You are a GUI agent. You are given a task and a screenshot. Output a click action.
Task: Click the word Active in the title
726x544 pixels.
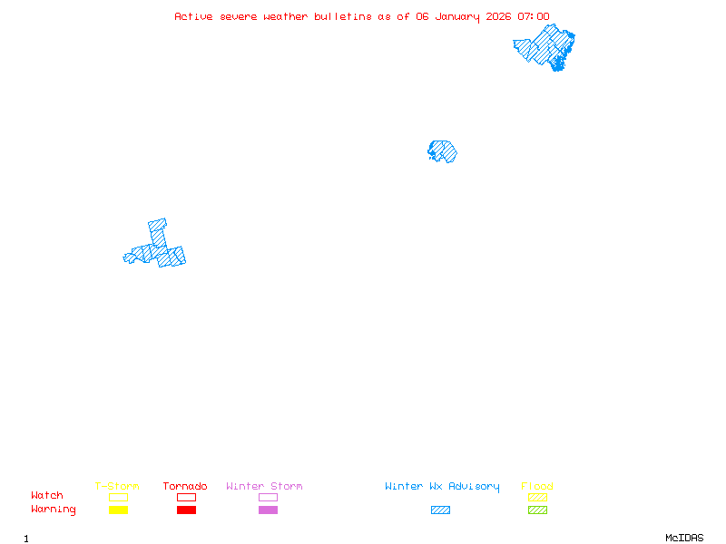[x=193, y=16]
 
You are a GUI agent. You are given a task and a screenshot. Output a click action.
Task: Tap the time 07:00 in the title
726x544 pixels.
[x=534, y=16]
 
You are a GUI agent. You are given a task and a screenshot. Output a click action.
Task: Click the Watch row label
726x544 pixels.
[x=47, y=496]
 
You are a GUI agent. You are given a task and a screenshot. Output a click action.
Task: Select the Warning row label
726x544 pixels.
[x=54, y=510]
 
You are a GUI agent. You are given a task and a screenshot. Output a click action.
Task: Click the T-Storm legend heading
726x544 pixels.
[x=117, y=487]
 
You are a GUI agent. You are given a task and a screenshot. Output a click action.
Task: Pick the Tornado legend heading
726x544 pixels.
[x=185, y=487]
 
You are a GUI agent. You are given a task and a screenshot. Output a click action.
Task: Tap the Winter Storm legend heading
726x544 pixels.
[x=264, y=487]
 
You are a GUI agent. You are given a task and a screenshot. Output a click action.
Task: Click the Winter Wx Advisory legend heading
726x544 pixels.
[x=442, y=487]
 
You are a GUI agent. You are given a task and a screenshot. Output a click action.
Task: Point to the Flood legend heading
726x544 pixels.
[x=537, y=487]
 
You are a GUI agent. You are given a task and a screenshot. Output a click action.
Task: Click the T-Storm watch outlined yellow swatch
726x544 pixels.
[x=118, y=497]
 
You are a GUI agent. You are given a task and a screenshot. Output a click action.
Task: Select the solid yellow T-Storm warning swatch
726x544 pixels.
[x=118, y=510]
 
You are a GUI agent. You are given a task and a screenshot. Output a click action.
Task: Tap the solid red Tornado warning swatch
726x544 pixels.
[x=186, y=510]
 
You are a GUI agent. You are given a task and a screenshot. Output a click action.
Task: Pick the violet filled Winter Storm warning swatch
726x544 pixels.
[x=268, y=510]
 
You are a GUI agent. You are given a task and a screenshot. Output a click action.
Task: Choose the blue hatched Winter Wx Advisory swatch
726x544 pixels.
[x=440, y=510]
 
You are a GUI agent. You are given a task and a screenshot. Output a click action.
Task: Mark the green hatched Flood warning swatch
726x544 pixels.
[x=537, y=510]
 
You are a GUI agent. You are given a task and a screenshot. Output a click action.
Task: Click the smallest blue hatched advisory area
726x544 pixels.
[x=442, y=151]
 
